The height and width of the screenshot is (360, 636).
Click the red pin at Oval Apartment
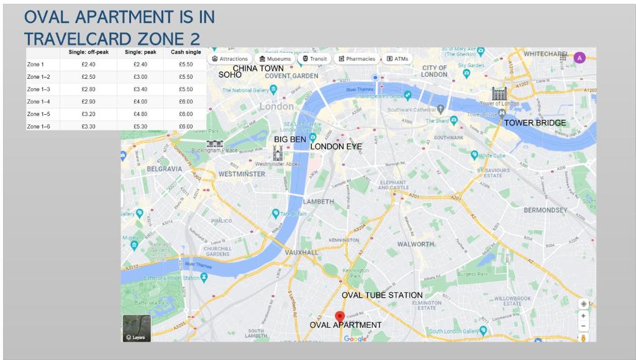tap(340, 317)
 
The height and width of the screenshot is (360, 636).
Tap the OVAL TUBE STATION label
tap(382, 295)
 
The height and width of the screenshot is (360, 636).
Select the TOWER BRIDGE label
tap(535, 123)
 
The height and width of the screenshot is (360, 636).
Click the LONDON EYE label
tap(336, 146)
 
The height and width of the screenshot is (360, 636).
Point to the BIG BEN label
tap(290, 140)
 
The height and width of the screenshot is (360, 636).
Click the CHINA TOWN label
tap(258, 68)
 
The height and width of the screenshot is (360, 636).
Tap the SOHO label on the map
tap(230, 74)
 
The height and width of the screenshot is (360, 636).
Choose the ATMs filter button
tap(397, 59)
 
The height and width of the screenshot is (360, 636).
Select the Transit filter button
tap(315, 59)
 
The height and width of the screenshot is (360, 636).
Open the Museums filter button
tap(275, 59)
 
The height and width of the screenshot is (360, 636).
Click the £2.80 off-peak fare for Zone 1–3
tap(88, 89)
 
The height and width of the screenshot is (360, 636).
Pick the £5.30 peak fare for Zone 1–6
tap(134, 126)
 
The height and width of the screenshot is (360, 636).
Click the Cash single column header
tap(186, 52)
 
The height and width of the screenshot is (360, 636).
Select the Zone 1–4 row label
tap(39, 101)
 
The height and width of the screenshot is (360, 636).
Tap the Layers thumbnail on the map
tap(136, 328)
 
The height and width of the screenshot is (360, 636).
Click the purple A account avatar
tap(579, 58)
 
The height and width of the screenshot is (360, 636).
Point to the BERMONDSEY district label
tap(545, 210)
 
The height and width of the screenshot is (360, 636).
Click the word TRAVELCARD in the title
tap(78, 38)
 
